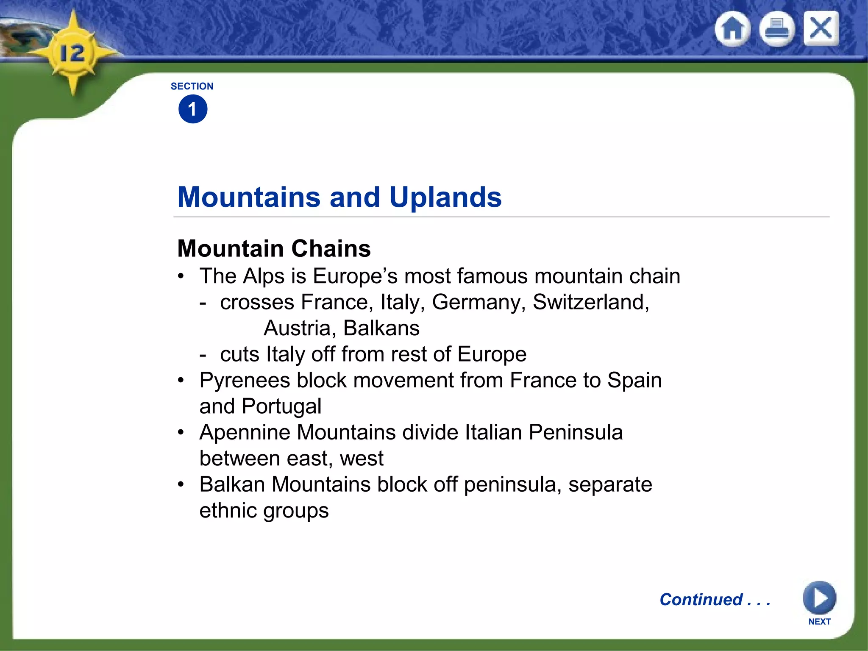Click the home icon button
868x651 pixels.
pyautogui.click(x=732, y=29)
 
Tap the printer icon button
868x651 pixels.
pyautogui.click(x=776, y=29)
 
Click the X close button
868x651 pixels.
pyautogui.click(x=821, y=28)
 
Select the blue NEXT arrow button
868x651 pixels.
pyautogui.click(x=819, y=598)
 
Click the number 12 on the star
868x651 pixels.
pyautogui.click(x=72, y=54)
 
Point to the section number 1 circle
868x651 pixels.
pyautogui.click(x=193, y=109)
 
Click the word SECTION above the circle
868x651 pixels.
pyautogui.click(x=192, y=86)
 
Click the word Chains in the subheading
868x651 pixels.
pyautogui.click(x=331, y=248)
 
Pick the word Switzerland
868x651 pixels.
pyautogui.click(x=590, y=303)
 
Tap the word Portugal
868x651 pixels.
pyautogui.click(x=281, y=406)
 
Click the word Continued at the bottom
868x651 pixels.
pyautogui.click(x=701, y=600)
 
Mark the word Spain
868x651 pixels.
pyautogui.click(x=634, y=380)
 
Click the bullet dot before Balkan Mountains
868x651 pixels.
pyautogui.click(x=181, y=484)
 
